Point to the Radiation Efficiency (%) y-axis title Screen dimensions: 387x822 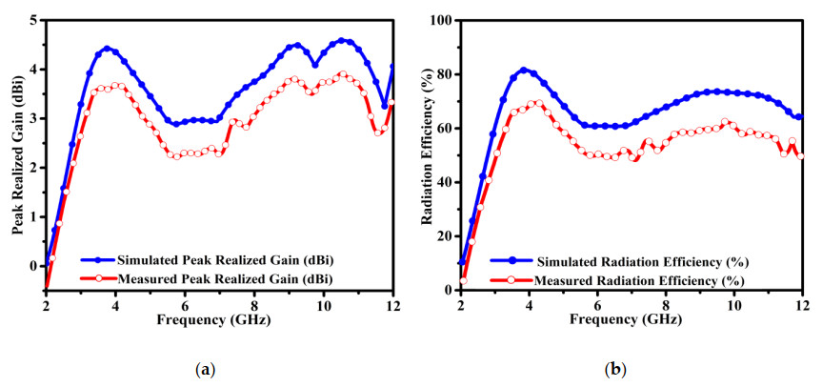428,153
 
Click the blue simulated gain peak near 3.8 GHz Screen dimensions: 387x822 107,48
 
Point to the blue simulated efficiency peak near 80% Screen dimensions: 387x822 523,70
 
